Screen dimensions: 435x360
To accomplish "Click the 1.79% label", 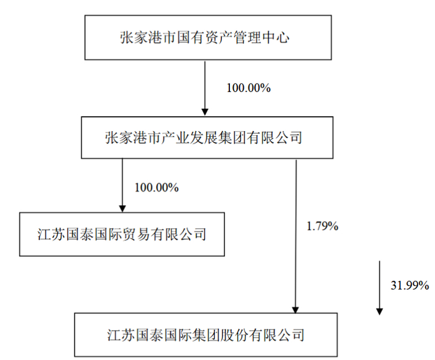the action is point(323,226).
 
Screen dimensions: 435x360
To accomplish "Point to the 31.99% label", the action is point(410,285).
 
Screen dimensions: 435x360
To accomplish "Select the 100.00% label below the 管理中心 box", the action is point(249,88).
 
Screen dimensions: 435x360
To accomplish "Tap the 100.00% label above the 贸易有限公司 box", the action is point(157,188).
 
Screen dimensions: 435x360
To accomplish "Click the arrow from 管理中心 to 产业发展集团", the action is point(205,88).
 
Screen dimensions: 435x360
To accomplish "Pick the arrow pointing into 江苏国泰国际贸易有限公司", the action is point(122,185).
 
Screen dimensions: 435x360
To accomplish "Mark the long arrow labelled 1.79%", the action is point(296,236).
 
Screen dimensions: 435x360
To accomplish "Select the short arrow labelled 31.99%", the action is point(380,288).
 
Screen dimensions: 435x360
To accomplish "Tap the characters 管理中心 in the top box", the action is point(262,37).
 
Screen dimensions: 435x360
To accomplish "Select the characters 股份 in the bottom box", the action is point(234,335).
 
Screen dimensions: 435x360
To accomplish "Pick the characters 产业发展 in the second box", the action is point(189,137).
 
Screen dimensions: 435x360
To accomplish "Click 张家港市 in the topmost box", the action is point(148,37).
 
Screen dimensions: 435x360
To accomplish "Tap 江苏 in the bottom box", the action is point(121,335).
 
